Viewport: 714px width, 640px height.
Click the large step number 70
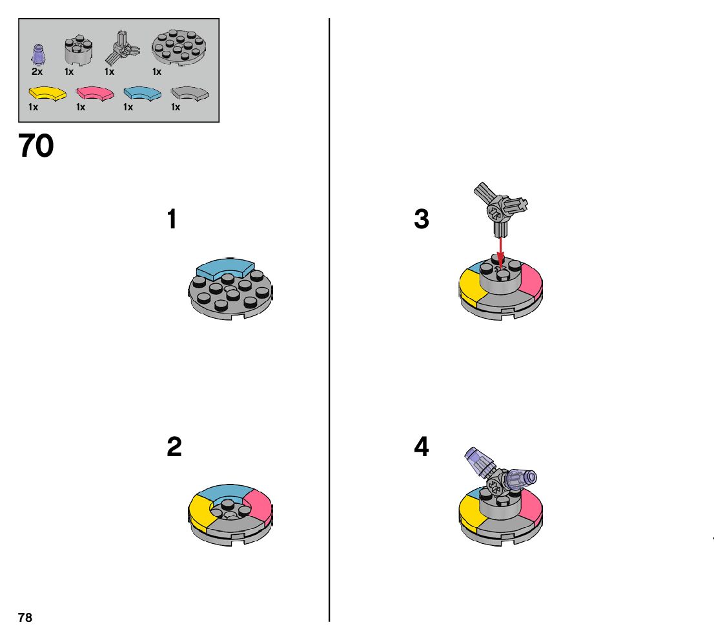(36, 147)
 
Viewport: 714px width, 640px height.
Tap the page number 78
(25, 618)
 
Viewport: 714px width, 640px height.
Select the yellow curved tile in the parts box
(48, 94)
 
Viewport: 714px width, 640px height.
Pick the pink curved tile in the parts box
(95, 94)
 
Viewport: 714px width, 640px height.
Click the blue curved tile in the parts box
(142, 94)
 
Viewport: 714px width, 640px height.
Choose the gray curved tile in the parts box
(190, 94)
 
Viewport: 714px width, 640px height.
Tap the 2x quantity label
(37, 72)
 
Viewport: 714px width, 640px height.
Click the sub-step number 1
(172, 220)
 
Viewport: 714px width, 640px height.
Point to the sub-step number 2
(174, 447)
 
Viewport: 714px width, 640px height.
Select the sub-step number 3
(422, 220)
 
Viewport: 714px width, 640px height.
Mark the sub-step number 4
(422, 447)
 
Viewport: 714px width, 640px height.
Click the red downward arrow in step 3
(500, 249)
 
